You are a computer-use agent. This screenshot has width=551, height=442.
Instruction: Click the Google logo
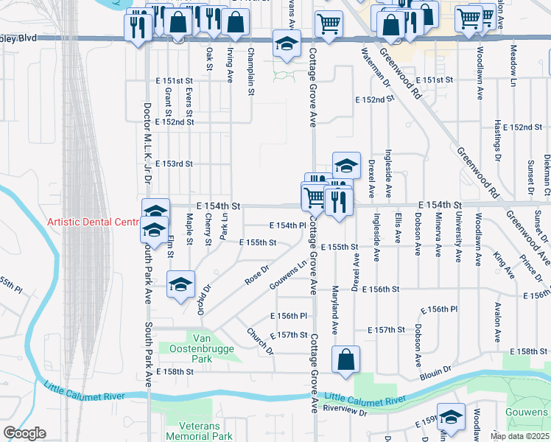[24, 433]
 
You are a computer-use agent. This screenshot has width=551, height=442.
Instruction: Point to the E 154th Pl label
[287, 225]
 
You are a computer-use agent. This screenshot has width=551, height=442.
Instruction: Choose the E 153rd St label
[174, 164]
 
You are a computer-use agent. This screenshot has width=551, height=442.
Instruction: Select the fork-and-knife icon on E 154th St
[338, 200]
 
